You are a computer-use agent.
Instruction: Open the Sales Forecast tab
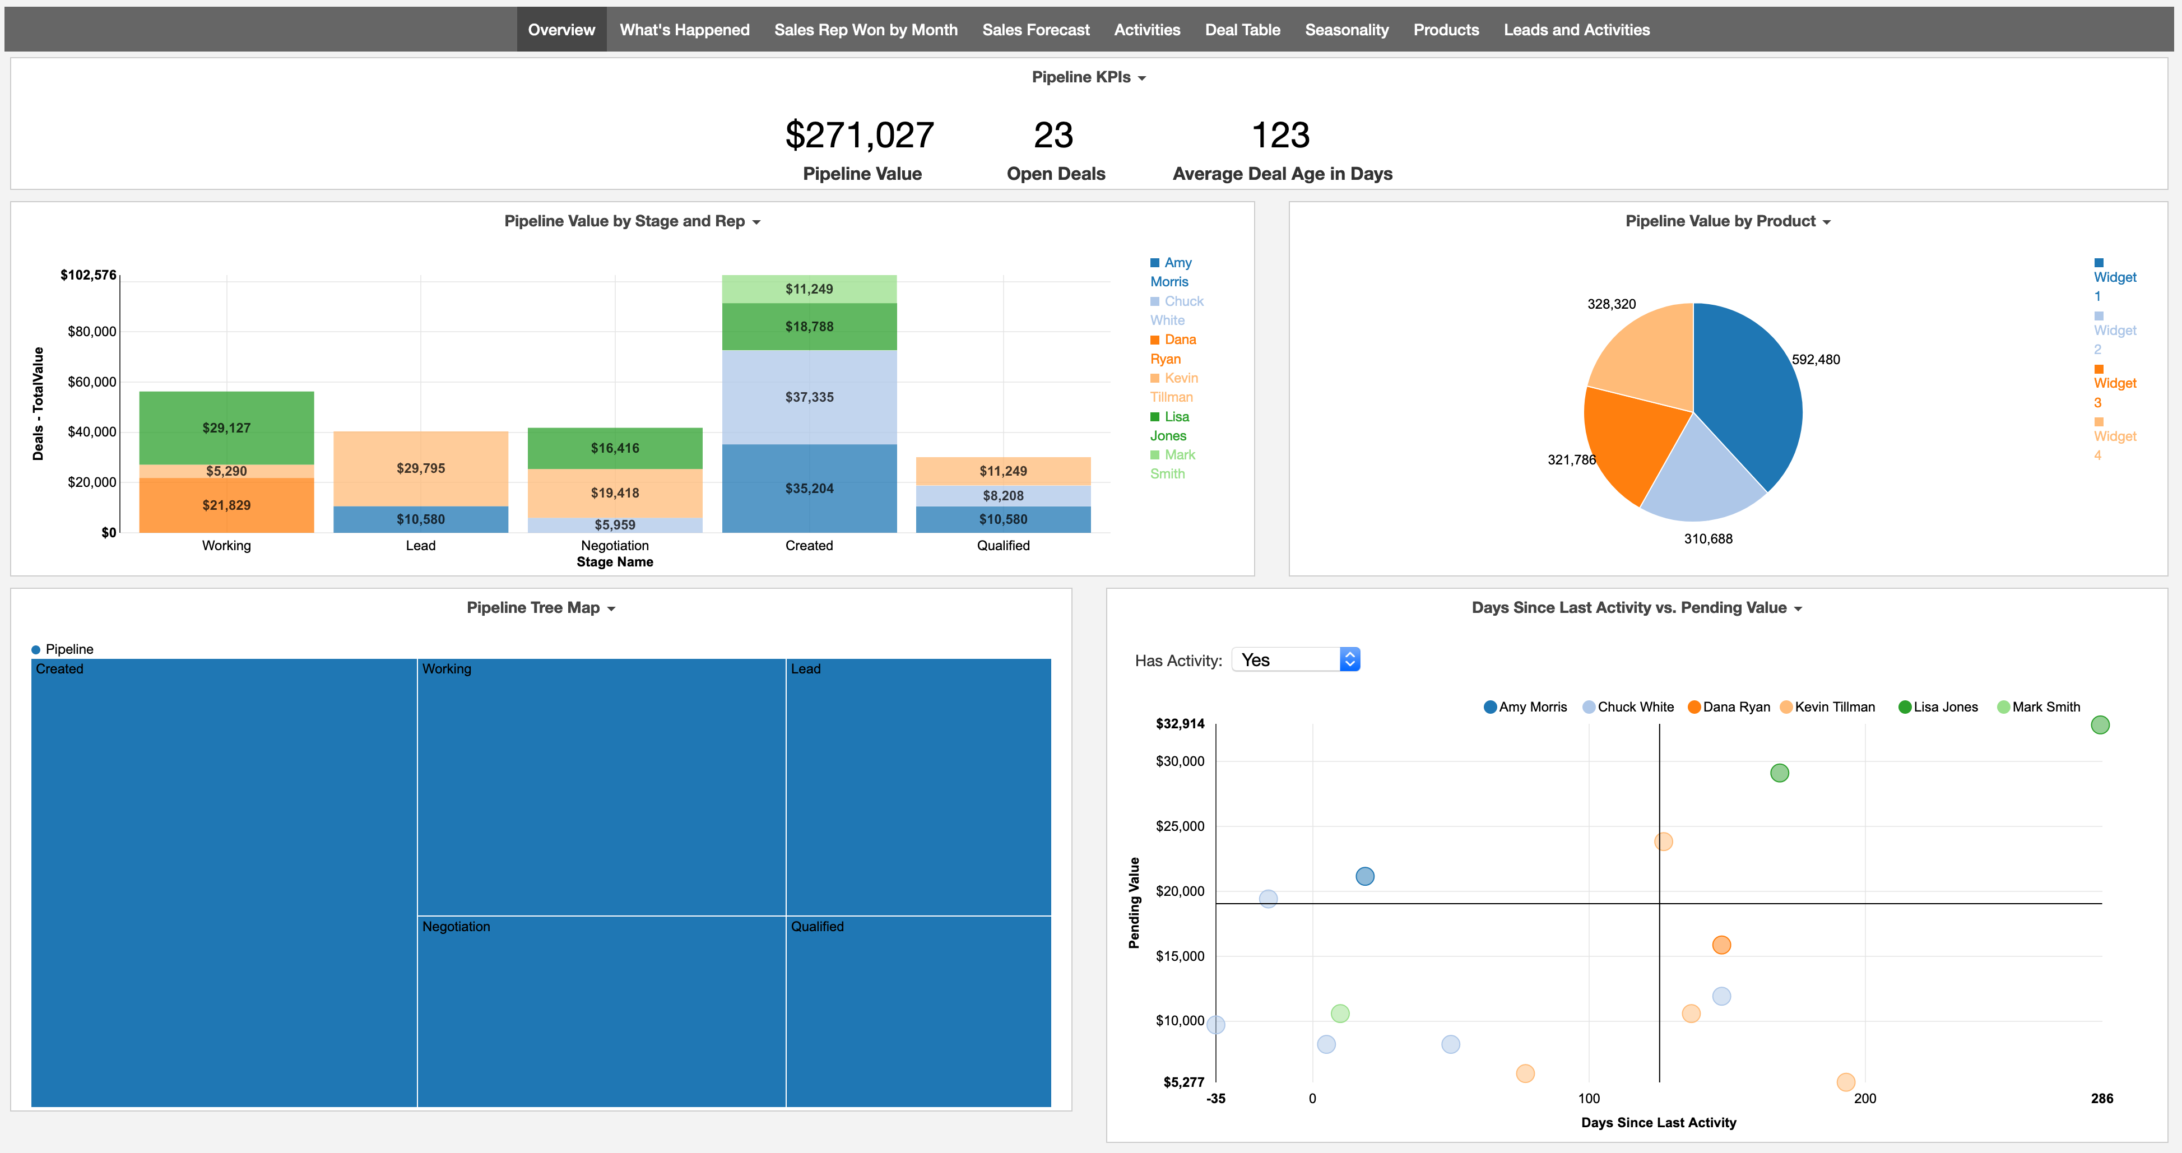(1035, 30)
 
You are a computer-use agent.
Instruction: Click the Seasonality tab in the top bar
(1346, 30)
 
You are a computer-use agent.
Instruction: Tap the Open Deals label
(1056, 174)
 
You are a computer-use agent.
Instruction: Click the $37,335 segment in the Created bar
(809, 397)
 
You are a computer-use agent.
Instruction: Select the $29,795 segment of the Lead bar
(420, 468)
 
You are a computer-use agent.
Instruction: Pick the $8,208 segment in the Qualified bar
(1003, 496)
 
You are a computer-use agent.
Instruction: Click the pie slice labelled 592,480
(1745, 390)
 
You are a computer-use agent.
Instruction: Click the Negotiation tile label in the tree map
(456, 927)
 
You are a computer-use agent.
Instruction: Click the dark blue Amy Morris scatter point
(1364, 877)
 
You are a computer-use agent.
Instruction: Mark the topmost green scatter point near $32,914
(2099, 725)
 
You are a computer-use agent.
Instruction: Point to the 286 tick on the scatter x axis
(2101, 1099)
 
